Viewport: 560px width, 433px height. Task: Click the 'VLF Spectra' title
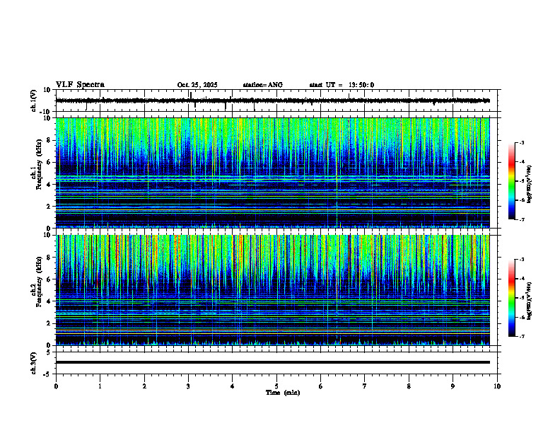click(80, 85)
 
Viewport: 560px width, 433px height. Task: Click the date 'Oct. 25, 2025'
click(197, 85)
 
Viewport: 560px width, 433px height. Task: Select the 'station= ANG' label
click(262, 85)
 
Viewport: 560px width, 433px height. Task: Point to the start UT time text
click(342, 85)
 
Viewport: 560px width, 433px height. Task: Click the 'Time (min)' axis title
click(282, 393)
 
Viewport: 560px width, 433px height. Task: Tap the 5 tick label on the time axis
click(276, 386)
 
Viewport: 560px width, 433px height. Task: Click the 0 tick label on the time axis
click(56, 386)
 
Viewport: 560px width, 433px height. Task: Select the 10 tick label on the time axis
click(497, 386)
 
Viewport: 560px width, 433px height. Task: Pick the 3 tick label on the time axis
click(188, 386)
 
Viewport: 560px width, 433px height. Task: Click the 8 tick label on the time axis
click(409, 386)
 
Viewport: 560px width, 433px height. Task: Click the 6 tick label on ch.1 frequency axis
click(49, 162)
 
